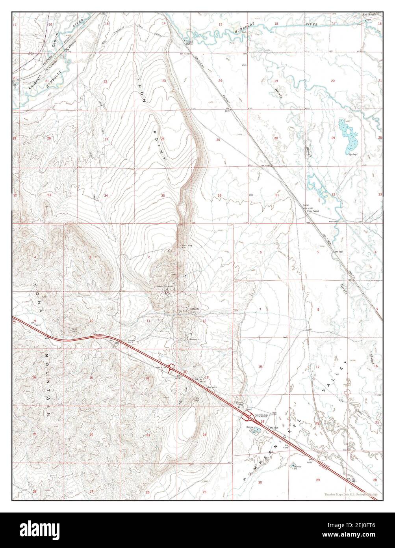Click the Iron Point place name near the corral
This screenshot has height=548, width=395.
(x=313, y=211)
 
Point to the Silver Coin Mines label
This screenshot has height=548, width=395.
(x=165, y=286)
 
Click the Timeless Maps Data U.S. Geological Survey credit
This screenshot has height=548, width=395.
(x=350, y=494)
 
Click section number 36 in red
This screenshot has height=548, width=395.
(x=219, y=196)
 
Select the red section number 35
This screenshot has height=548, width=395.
(x=163, y=196)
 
